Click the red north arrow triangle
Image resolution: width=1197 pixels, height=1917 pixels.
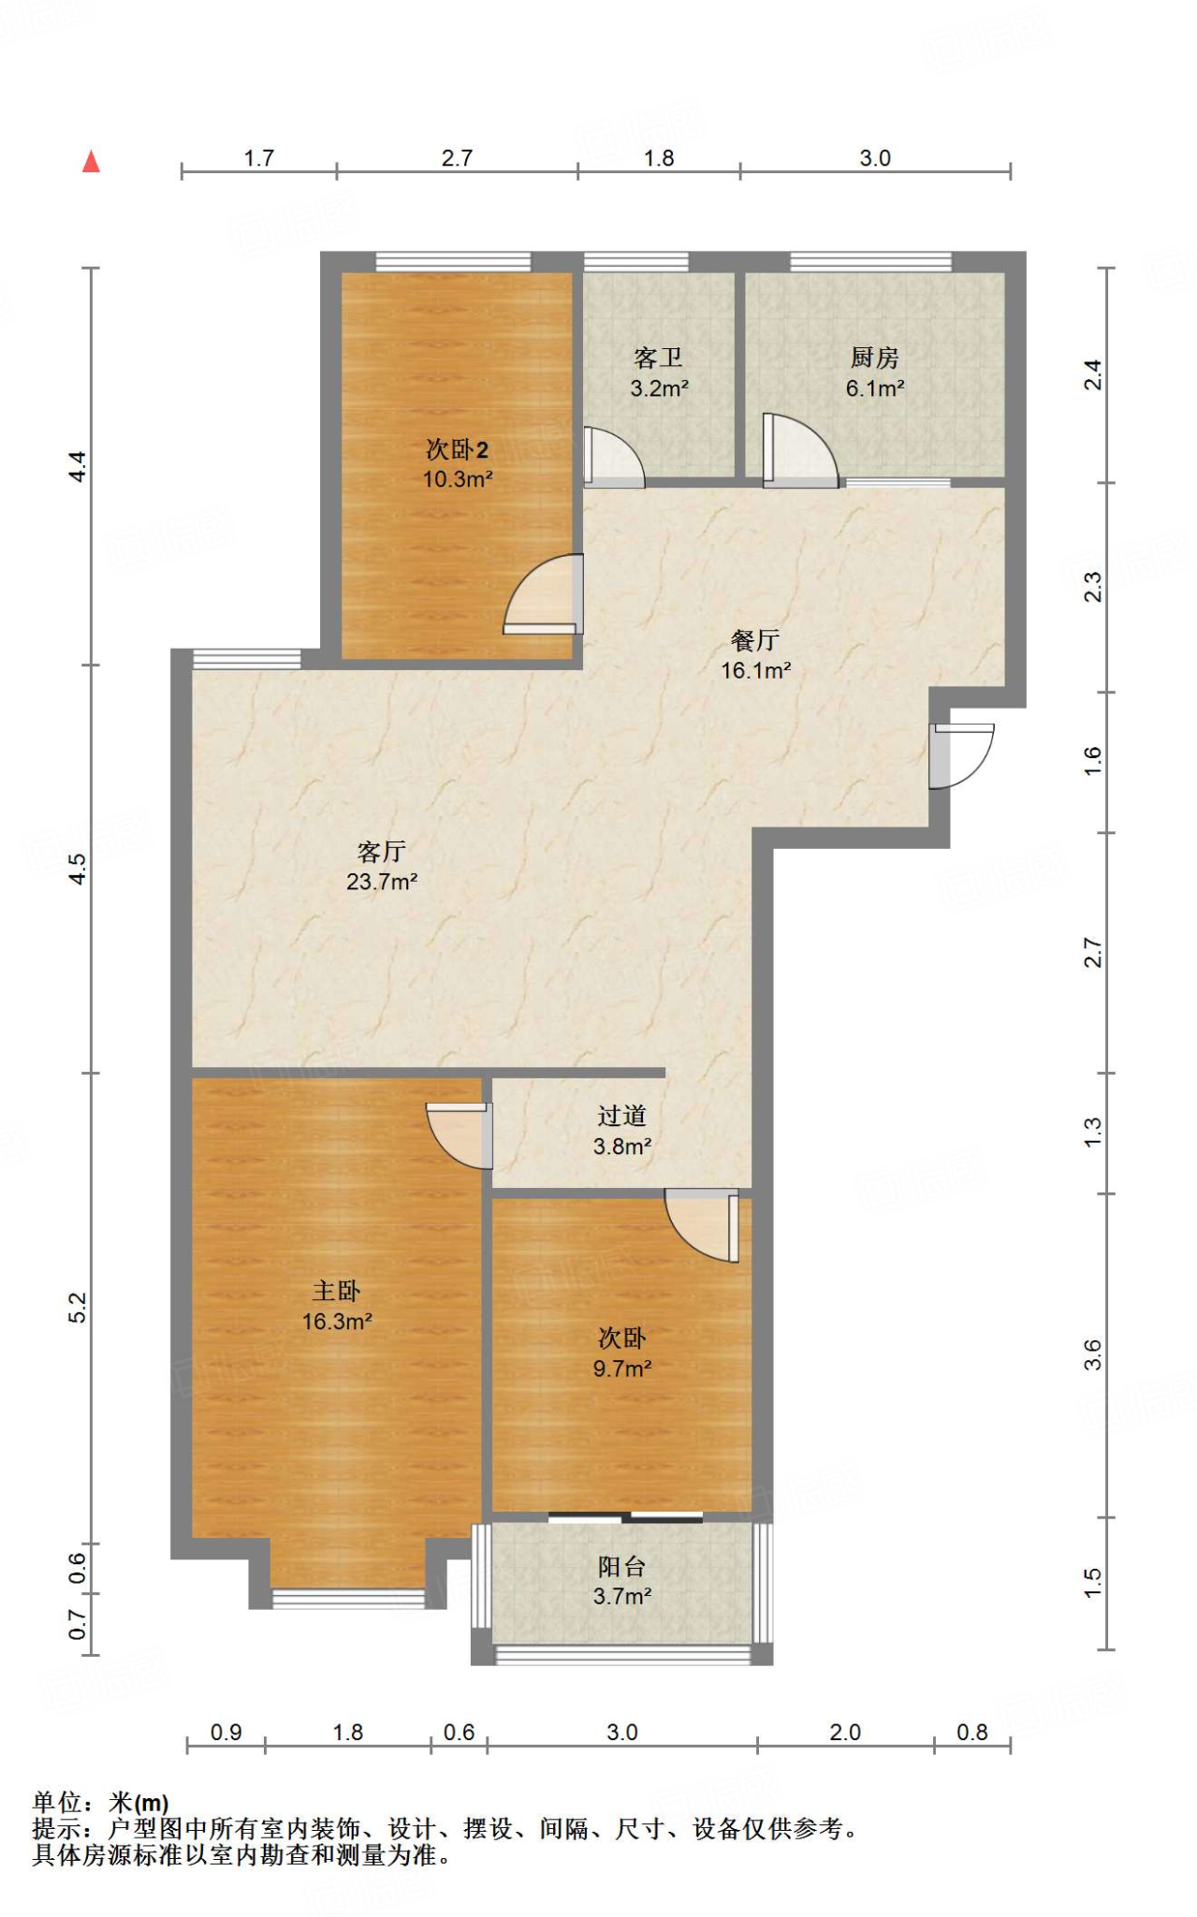click(x=91, y=162)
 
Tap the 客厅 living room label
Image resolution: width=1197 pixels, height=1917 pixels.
click(x=381, y=851)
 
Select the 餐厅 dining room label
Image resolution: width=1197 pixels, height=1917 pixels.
click(x=755, y=640)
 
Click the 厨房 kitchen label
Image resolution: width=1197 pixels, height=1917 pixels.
click(x=874, y=358)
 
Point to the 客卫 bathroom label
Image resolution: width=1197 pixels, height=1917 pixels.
click(x=658, y=358)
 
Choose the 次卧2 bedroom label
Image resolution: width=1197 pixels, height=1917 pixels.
click(x=457, y=450)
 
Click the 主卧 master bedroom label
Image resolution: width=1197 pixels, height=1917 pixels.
click(x=336, y=1291)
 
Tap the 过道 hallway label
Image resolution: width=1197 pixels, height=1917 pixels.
click(x=621, y=1116)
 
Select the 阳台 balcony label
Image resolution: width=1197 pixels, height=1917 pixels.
click(x=621, y=1566)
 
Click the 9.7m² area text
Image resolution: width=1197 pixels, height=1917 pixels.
click(x=621, y=1368)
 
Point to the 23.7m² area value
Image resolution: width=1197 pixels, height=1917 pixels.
click(x=382, y=881)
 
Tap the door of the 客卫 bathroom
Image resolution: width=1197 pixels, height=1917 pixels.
click(x=614, y=457)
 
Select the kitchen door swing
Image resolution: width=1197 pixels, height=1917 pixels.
click(x=801, y=450)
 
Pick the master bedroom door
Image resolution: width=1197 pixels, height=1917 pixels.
click(x=460, y=1135)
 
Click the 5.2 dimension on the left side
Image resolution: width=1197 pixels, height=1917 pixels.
click(x=78, y=1307)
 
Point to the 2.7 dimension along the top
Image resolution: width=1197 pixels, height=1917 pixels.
click(x=457, y=158)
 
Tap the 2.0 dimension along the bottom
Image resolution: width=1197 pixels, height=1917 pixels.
click(x=844, y=1733)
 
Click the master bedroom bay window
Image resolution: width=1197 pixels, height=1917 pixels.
click(x=348, y=1598)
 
